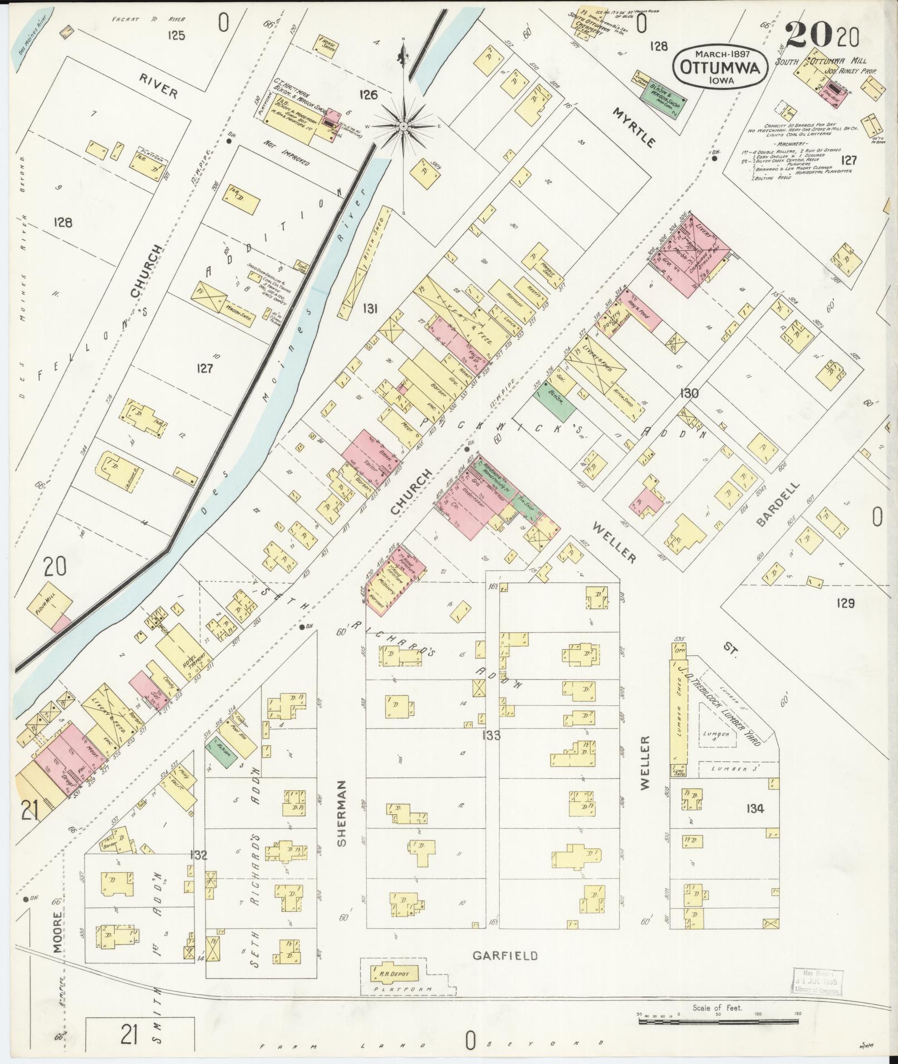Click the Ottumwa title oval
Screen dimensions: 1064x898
coord(721,66)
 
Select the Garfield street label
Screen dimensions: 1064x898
coord(506,956)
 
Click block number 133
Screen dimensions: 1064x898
coord(492,736)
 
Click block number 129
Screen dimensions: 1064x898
coord(845,602)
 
